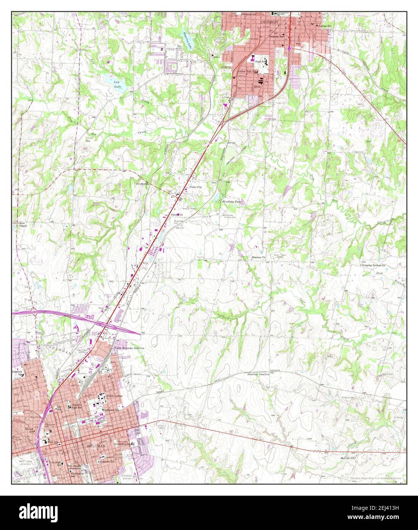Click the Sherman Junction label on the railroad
(259, 375)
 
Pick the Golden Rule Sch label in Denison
(248, 71)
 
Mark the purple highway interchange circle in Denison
(290, 48)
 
